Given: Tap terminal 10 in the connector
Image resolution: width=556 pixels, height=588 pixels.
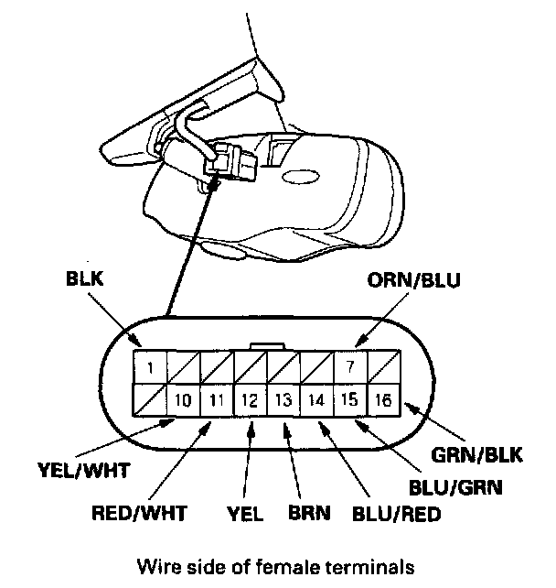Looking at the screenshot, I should (184, 399).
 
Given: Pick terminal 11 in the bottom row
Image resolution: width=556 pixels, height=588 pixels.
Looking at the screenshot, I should (217, 399).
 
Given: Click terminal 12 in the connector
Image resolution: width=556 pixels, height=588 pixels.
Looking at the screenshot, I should (250, 399).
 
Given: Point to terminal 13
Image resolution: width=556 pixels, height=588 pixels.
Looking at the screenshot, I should (283, 399).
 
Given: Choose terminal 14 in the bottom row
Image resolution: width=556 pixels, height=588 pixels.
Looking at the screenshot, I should (315, 399).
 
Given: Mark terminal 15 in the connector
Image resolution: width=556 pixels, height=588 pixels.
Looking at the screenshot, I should (348, 399).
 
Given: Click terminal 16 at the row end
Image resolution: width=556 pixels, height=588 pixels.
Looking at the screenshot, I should (381, 399).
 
